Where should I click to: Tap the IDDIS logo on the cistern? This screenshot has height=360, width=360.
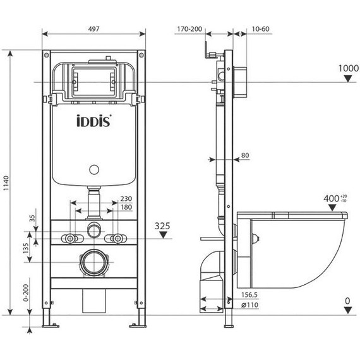click(95, 121)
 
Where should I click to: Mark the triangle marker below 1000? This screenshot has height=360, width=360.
click(347, 79)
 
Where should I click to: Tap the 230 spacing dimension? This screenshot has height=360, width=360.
click(126, 198)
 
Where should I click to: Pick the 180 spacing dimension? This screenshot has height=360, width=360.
click(126, 207)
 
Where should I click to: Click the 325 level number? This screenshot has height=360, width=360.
click(164, 224)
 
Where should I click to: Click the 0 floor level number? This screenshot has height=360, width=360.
click(347, 301)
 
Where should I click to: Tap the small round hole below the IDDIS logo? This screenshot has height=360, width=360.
click(93, 169)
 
